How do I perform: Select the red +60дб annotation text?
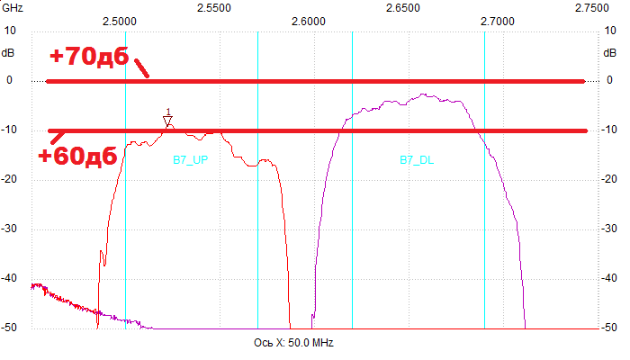coord(77,155)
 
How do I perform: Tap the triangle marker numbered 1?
coord(167,120)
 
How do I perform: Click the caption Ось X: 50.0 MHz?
coord(297,343)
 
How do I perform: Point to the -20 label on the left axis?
coord(10,180)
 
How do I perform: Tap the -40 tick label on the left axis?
coord(10,279)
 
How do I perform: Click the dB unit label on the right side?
coord(613,52)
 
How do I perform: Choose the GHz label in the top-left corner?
coord(12,8)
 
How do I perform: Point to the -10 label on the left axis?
coord(10,130)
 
